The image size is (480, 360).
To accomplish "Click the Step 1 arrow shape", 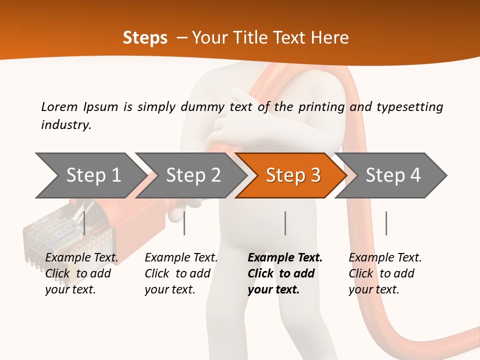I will [90, 175].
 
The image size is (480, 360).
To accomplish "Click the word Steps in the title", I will [145, 38].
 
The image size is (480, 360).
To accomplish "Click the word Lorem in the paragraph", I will [59, 106].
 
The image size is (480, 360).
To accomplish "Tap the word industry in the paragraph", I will [65, 124].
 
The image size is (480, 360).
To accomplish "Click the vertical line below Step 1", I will [84, 223].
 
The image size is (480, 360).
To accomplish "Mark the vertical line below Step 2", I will [184, 223].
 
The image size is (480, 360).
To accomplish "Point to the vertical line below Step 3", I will [285, 223].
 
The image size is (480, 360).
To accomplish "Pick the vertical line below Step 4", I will [386, 223].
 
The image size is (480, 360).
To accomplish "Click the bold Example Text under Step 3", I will [285, 258].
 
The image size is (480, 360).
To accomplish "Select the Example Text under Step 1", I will [81, 258].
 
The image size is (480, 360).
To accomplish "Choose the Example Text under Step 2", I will [181, 258].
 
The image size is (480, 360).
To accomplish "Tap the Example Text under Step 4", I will [385, 258].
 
